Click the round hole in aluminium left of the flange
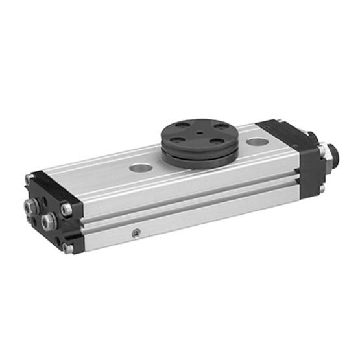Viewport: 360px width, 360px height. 141,167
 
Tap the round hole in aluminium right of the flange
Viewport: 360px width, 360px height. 258,141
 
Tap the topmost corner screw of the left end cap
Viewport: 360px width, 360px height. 29,178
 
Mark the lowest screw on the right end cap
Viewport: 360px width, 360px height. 321,189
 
